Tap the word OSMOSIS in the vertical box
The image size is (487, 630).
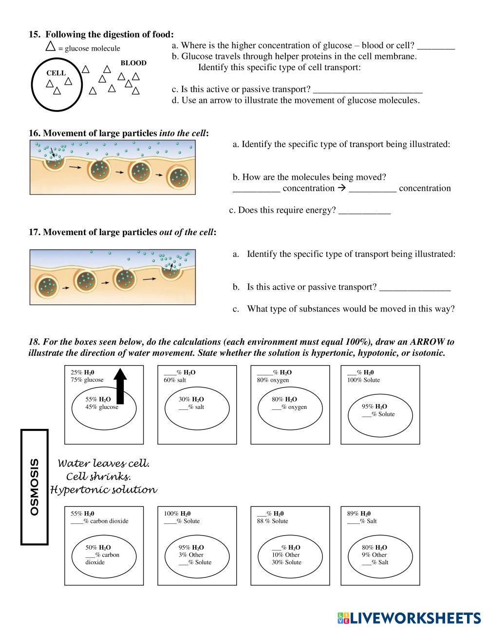35,486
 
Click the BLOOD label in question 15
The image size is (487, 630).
133,63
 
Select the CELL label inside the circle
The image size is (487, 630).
56,73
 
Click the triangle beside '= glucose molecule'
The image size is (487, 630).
50,47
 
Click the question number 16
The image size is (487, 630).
35,133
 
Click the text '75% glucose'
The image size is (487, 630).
87,380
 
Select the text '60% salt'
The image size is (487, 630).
175,380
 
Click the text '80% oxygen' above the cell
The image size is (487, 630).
273,380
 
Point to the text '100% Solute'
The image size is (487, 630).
363,380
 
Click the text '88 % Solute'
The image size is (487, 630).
272,521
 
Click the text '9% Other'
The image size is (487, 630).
374,555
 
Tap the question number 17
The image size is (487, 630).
35,232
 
